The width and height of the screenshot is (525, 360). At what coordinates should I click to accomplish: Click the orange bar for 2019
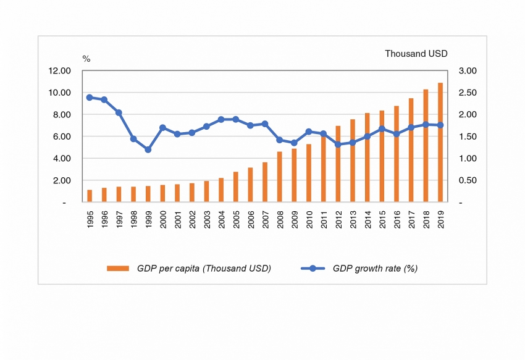(440, 143)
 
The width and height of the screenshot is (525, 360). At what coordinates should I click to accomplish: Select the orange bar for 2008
(280, 177)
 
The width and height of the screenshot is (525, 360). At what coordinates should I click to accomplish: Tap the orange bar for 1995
(90, 196)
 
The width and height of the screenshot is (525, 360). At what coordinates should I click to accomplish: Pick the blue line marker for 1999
(148, 149)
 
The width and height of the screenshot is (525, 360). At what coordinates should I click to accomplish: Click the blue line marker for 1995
(90, 98)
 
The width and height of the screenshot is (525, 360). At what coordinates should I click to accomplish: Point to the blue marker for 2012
(338, 144)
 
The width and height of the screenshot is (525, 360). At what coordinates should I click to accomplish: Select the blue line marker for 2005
(236, 119)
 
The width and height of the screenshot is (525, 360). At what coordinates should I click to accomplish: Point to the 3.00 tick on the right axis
(469, 71)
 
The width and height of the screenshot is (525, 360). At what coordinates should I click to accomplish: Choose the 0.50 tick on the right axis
(469, 180)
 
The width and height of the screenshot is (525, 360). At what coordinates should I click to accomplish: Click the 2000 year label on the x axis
(163, 219)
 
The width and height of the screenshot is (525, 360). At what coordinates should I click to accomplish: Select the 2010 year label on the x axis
(309, 219)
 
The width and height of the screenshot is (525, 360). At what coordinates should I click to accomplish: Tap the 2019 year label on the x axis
(440, 219)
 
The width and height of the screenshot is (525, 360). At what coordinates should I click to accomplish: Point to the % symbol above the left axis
(86, 59)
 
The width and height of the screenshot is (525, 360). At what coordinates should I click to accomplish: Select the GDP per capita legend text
(204, 268)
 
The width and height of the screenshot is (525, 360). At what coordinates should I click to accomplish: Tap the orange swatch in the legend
(118, 269)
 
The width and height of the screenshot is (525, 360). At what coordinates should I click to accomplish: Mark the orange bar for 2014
(367, 157)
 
